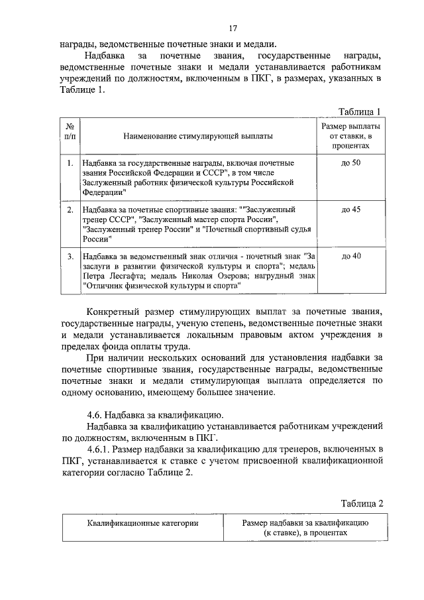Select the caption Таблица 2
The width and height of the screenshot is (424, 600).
point(362,503)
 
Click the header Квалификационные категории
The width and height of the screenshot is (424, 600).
point(142,523)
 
